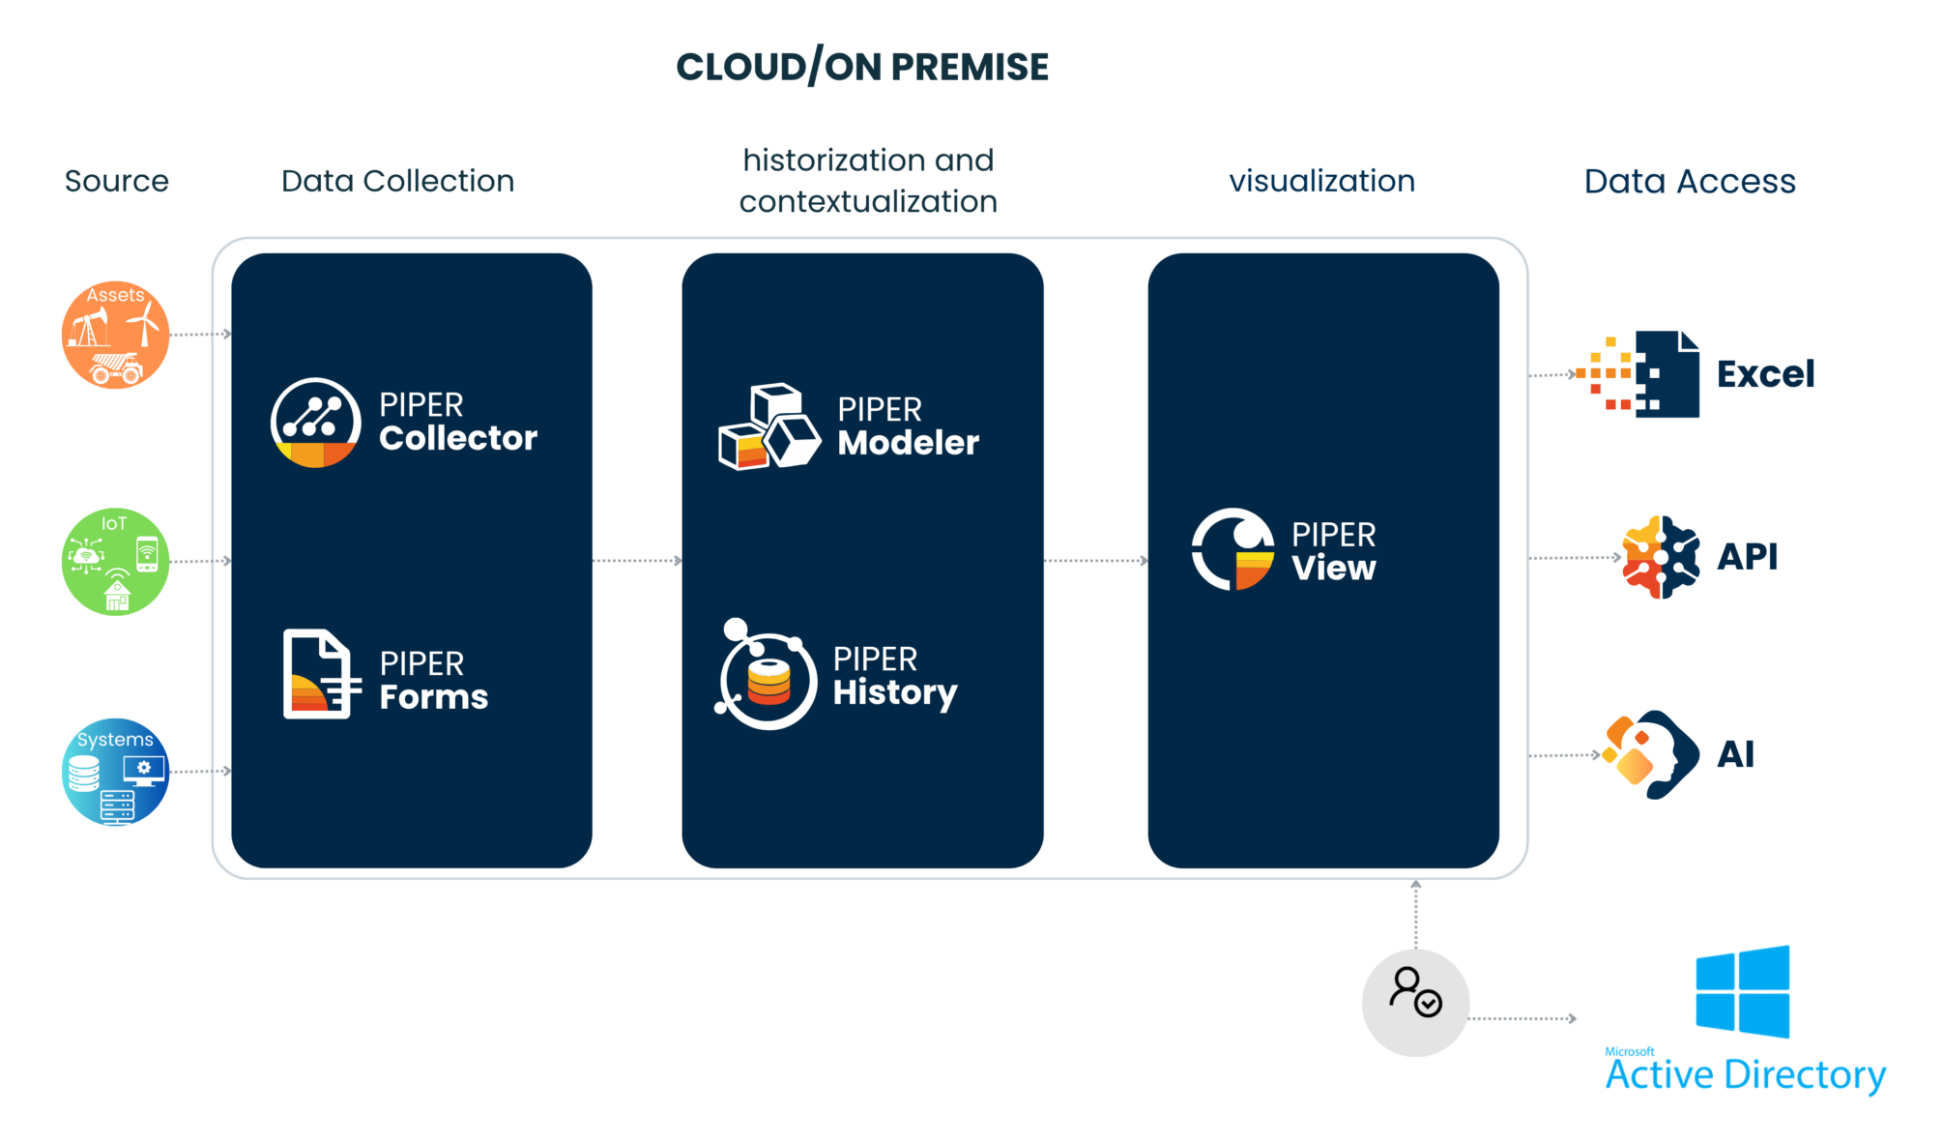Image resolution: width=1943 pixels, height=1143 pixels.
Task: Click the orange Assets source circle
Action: [x=116, y=336]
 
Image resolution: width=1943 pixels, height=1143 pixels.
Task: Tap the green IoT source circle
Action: [x=116, y=562]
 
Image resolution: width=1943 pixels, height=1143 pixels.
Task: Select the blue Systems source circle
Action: [x=116, y=772]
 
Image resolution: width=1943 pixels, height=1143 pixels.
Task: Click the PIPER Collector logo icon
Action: [x=315, y=423]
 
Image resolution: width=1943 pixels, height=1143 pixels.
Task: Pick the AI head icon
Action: [x=1651, y=754]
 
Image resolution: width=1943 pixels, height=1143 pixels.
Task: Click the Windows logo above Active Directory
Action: [x=1742, y=992]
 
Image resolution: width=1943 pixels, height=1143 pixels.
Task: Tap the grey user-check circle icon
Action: [x=1415, y=1003]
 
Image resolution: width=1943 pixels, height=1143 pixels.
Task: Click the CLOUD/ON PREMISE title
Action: [x=862, y=68]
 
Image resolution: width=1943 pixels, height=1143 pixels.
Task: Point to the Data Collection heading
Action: [x=397, y=182]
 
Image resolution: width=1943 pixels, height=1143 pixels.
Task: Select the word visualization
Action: [x=1321, y=182]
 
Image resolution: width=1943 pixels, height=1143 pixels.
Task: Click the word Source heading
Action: [x=117, y=182]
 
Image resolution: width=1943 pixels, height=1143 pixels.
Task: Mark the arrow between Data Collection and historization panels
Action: [x=637, y=561]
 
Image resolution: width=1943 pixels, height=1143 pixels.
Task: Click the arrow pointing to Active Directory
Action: [x=1523, y=1018]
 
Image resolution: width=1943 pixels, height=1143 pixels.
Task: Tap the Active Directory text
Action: [x=1746, y=1074]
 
